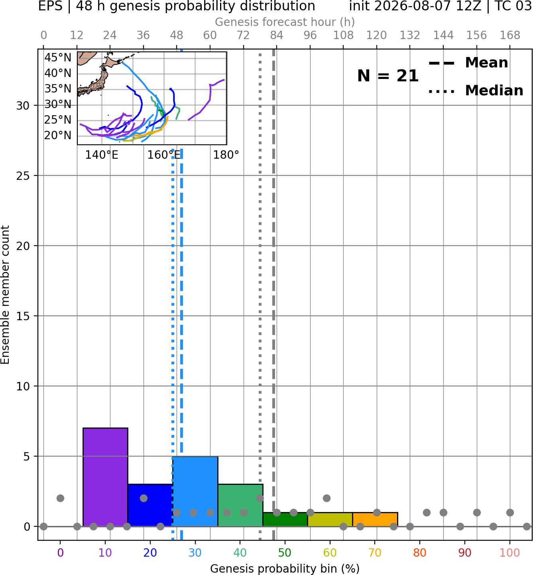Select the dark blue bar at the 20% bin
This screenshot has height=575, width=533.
pyautogui.click(x=150, y=505)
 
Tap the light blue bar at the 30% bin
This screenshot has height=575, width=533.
pyautogui.click(x=195, y=491)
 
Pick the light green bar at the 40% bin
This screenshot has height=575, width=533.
pyautogui.click(x=240, y=505)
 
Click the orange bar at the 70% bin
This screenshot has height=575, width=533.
pyautogui.click(x=375, y=520)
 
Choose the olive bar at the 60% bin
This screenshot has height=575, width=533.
pyautogui.click(x=330, y=520)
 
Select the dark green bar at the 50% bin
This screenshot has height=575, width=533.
pyautogui.click(x=285, y=520)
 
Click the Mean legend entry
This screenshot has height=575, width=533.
pyautogui.click(x=468, y=63)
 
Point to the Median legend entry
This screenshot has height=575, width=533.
pyautogui.click(x=476, y=91)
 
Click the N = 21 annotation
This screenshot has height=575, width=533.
pyautogui.click(x=388, y=76)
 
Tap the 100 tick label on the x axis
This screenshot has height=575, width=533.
pyautogui.click(x=509, y=553)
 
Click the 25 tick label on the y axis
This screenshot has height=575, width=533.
pyautogui.click(x=23, y=176)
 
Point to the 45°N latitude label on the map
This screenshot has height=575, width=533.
pyautogui.click(x=58, y=57)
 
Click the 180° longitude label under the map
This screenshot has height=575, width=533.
pyautogui.click(x=226, y=155)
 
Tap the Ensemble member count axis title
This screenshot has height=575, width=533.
pyautogui.click(x=5, y=295)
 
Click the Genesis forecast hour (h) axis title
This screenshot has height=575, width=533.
pyautogui.click(x=285, y=22)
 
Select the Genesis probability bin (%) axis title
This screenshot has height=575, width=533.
pyautogui.click(x=285, y=569)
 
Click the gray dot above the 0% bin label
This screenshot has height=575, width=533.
pyautogui.click(x=60, y=498)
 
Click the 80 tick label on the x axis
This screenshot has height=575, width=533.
pyautogui.click(x=420, y=553)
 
